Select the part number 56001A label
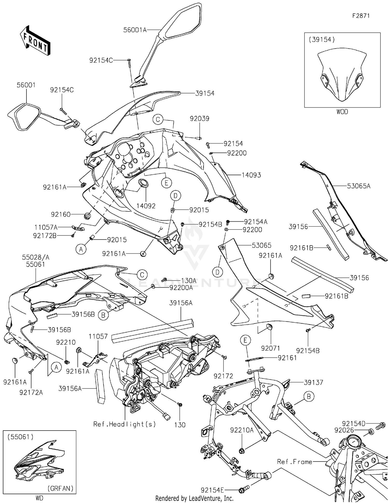pyautogui.click(x=135, y=30)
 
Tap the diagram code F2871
pyautogui.click(x=361, y=16)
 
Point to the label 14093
pyautogui.click(x=251, y=175)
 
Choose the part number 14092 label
pyautogui.click(x=146, y=206)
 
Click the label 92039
pyautogui.click(x=199, y=119)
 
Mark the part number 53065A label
pyautogui.click(x=359, y=186)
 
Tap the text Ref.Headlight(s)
pyautogui.click(x=124, y=424)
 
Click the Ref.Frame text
pyautogui.click(x=295, y=462)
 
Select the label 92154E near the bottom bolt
pyautogui.click(x=212, y=490)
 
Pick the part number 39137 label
pyautogui.click(x=314, y=382)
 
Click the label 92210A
pyautogui.click(x=242, y=430)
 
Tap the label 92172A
pyautogui.click(x=31, y=393)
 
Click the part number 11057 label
pyautogui.click(x=98, y=336)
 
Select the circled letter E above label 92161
pyautogui.click(x=245, y=340)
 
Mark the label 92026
pyautogui.click(x=344, y=430)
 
